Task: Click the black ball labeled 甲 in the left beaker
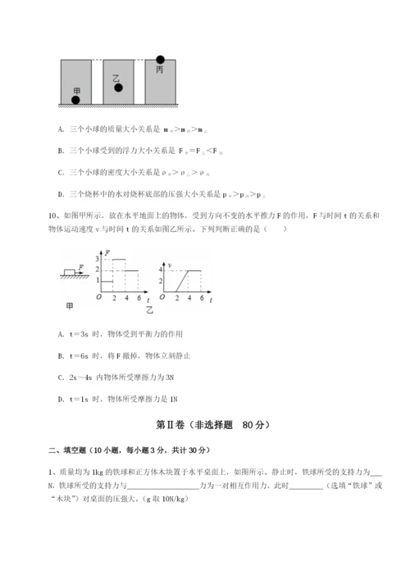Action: click(x=76, y=100)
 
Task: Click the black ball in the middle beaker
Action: click(x=118, y=88)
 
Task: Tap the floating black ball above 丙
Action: click(x=161, y=60)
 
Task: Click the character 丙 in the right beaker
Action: click(x=161, y=71)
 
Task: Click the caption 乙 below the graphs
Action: click(x=149, y=312)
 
